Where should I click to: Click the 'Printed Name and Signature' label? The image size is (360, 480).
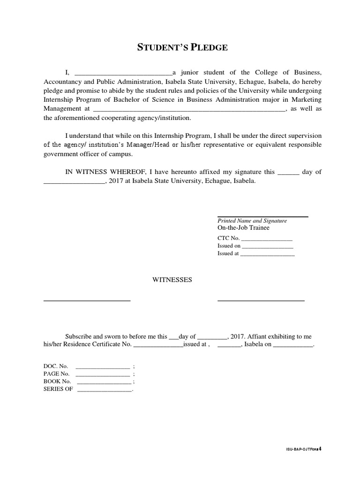(252, 220)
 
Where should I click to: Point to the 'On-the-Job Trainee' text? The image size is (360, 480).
(243, 228)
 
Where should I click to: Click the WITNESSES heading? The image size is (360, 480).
(172, 280)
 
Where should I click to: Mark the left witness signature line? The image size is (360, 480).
(87, 300)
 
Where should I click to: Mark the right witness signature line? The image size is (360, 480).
(261, 300)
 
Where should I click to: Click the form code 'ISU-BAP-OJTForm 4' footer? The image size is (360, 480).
(304, 449)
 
